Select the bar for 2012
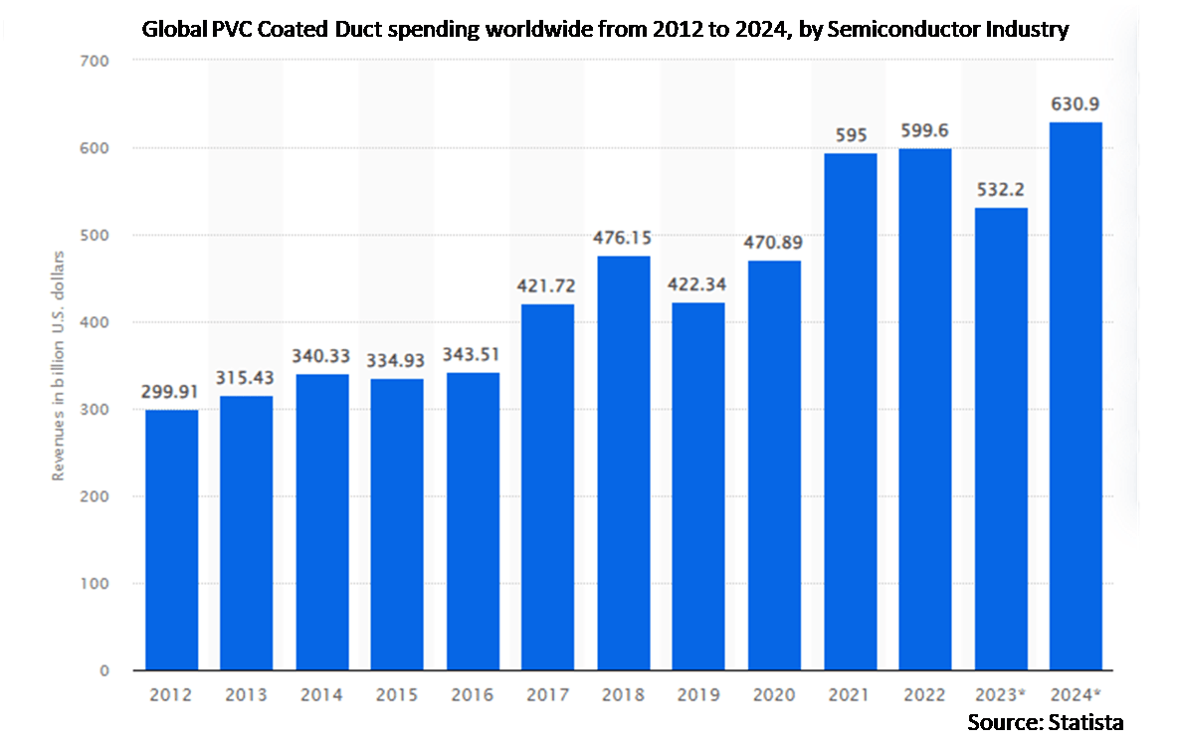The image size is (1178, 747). point(171,540)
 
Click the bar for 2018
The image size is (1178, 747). point(624,463)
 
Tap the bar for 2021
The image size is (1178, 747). point(850,411)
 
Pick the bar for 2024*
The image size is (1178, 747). point(1076,396)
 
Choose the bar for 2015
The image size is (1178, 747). point(398,524)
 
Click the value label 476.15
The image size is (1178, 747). point(624,239)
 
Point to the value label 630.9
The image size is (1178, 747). point(1076,104)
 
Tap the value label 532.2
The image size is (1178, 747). point(1000,190)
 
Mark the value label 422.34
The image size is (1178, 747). point(699,285)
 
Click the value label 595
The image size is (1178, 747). point(850,135)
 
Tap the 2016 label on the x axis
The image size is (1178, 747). point(474,695)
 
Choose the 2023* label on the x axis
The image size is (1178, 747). point(1000,695)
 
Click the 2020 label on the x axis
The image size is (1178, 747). point(774,695)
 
